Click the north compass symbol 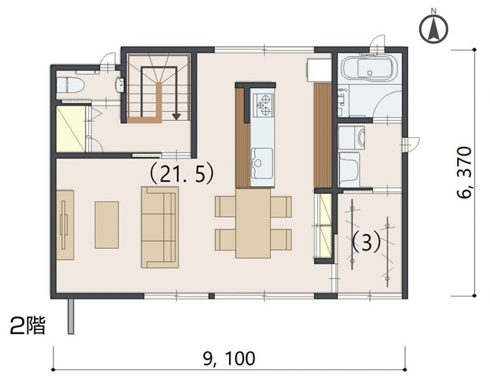[x=433, y=28]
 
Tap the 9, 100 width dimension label [x=229, y=358]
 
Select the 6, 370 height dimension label [x=463, y=172]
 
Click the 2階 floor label [x=28, y=326]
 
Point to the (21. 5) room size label [x=181, y=174]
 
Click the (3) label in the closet [x=366, y=242]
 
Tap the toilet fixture [x=70, y=84]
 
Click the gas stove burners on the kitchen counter [x=263, y=105]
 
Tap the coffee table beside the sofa [x=106, y=225]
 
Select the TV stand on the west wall [x=65, y=225]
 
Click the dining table [x=253, y=223]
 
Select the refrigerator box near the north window [x=318, y=70]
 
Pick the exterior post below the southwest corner [x=71, y=316]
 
